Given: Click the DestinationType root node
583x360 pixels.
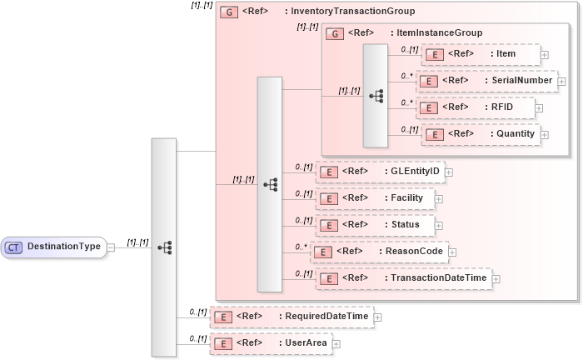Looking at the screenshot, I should (54, 247).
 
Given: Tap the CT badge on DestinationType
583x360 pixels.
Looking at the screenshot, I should (14, 247).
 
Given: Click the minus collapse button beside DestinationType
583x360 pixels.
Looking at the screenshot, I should (111, 247).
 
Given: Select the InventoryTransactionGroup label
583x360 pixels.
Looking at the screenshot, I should (349, 12).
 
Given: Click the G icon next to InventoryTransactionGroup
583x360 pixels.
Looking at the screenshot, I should (227, 12).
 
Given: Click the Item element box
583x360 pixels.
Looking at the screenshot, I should (481, 54).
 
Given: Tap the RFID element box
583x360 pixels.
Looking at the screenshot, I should (474, 107).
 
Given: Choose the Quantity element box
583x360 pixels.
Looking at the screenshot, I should (481, 134).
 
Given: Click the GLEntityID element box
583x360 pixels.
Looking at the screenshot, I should (380, 172).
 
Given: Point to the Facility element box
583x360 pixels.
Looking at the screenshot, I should (375, 198).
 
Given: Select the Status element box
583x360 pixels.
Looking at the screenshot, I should (375, 225).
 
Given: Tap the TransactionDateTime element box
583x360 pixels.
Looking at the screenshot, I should (403, 278).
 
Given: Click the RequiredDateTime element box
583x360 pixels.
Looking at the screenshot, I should (291, 317).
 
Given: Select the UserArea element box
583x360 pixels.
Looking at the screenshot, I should (270, 342).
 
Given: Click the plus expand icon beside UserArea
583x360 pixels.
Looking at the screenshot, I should (336, 342).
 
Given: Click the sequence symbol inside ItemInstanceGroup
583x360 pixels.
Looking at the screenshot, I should (376, 95).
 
